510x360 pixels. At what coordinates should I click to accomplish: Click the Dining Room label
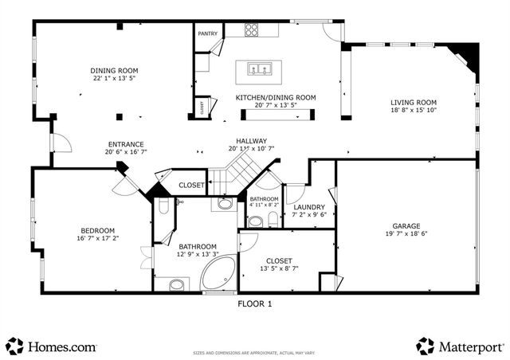(x=115, y=70)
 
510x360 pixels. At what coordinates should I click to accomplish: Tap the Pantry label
(x=207, y=34)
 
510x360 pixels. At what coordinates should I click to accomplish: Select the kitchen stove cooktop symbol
(x=251, y=31)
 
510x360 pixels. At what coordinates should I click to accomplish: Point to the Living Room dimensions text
(x=414, y=112)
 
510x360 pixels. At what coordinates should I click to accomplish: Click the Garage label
(x=406, y=226)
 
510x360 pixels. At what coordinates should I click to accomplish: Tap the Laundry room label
(x=309, y=206)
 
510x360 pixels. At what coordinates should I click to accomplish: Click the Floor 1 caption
(x=255, y=303)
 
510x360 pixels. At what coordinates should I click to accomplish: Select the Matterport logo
(x=460, y=346)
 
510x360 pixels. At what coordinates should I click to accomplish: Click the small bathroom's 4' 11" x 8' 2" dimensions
(x=264, y=205)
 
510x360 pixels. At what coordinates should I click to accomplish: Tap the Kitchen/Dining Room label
(x=275, y=97)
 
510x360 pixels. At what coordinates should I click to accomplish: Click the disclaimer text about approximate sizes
(x=254, y=351)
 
